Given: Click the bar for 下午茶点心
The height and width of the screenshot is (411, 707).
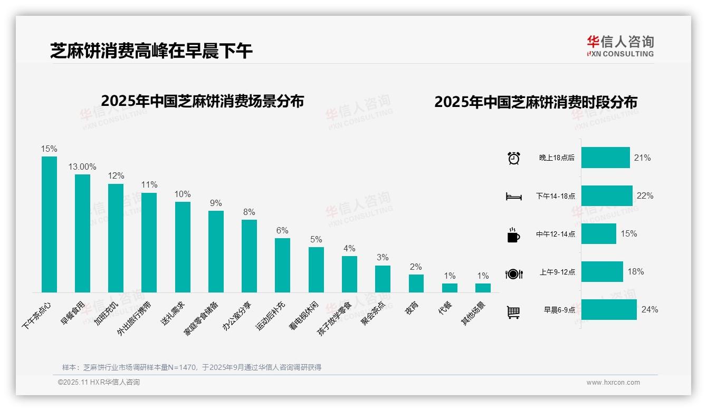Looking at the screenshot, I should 49,224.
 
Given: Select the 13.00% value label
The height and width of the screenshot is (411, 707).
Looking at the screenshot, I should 82,167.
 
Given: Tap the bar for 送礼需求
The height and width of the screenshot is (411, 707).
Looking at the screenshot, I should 183,247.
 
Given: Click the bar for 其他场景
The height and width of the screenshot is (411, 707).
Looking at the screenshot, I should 483,288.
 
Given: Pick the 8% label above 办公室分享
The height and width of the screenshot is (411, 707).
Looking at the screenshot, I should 249,212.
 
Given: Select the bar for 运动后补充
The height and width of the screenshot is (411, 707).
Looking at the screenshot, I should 282,265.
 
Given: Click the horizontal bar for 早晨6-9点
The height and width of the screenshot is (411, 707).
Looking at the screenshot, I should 609,310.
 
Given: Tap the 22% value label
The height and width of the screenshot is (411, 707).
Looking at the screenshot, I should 645,196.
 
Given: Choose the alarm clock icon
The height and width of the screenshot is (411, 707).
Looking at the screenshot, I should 513,158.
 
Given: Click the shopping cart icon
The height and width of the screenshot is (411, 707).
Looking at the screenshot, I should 513,312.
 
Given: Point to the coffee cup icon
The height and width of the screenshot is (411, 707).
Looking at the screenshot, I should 513,235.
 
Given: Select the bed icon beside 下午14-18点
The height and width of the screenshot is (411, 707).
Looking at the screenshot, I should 513,197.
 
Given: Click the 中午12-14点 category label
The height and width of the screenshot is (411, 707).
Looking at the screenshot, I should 556,234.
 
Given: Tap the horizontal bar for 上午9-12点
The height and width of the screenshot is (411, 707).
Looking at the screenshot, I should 602,272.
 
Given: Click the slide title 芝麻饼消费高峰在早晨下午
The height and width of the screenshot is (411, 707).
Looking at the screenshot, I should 151,51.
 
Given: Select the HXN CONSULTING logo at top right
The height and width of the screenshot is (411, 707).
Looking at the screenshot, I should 620,46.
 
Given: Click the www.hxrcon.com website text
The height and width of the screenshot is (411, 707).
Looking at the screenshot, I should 613,383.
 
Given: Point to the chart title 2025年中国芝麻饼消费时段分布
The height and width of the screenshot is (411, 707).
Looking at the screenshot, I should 536,102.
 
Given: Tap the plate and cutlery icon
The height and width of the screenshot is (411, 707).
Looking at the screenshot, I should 513,273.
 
